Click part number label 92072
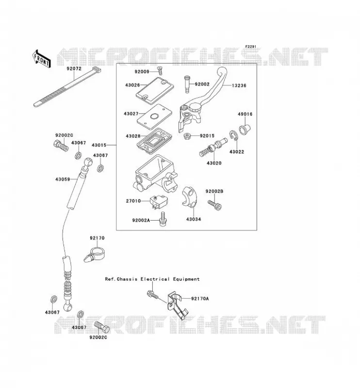pos(74,68)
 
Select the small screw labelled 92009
pos(160,70)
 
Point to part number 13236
pos(239,85)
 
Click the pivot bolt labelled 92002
pos(187,84)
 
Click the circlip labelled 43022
pos(233,136)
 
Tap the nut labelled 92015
pos(187,136)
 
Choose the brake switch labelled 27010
pos(159,202)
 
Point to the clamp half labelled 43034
pos(189,197)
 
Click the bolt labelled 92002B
pos(214,205)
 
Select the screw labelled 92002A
pos(163,219)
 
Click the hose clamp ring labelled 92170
pos(95,255)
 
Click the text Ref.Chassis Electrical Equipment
pos(152,279)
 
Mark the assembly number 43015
pos(99,145)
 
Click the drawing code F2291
pos(251,47)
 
